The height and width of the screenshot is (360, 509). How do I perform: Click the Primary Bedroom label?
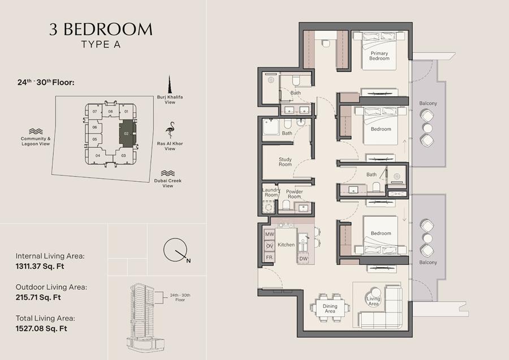[379, 56]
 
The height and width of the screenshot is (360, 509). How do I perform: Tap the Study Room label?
[285, 162]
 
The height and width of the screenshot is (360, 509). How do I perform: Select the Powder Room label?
[295, 194]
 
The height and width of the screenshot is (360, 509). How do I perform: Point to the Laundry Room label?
[271, 192]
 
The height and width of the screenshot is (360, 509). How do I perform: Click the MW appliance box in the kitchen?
[269, 234]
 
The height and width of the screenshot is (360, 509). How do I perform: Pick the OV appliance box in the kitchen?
[269, 246]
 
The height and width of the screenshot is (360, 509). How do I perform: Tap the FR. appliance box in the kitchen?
[269, 258]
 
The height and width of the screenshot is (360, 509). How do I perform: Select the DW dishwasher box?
[303, 259]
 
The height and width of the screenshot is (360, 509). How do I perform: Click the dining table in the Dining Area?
[330, 308]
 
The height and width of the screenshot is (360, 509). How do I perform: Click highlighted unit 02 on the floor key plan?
[127, 133]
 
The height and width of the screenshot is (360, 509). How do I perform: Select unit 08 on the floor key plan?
[110, 112]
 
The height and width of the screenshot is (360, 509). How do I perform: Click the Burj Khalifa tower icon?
[170, 84]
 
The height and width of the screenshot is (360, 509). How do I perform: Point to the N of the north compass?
[188, 260]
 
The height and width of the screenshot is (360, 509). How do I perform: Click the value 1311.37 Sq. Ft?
[40, 267]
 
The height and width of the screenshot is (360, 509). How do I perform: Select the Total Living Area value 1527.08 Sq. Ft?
[41, 328]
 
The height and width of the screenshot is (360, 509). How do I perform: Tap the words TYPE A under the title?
[101, 45]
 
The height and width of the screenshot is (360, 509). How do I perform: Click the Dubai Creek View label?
[168, 183]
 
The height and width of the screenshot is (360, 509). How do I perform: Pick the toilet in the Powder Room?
[286, 205]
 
